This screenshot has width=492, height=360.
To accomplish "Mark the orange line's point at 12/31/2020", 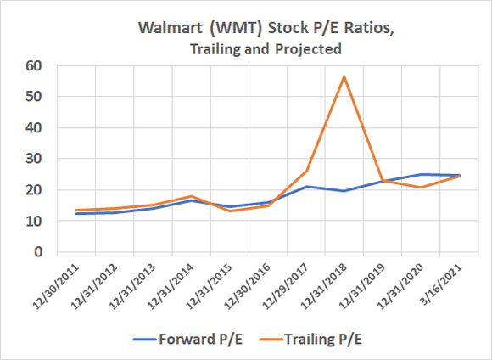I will (x=421, y=188).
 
